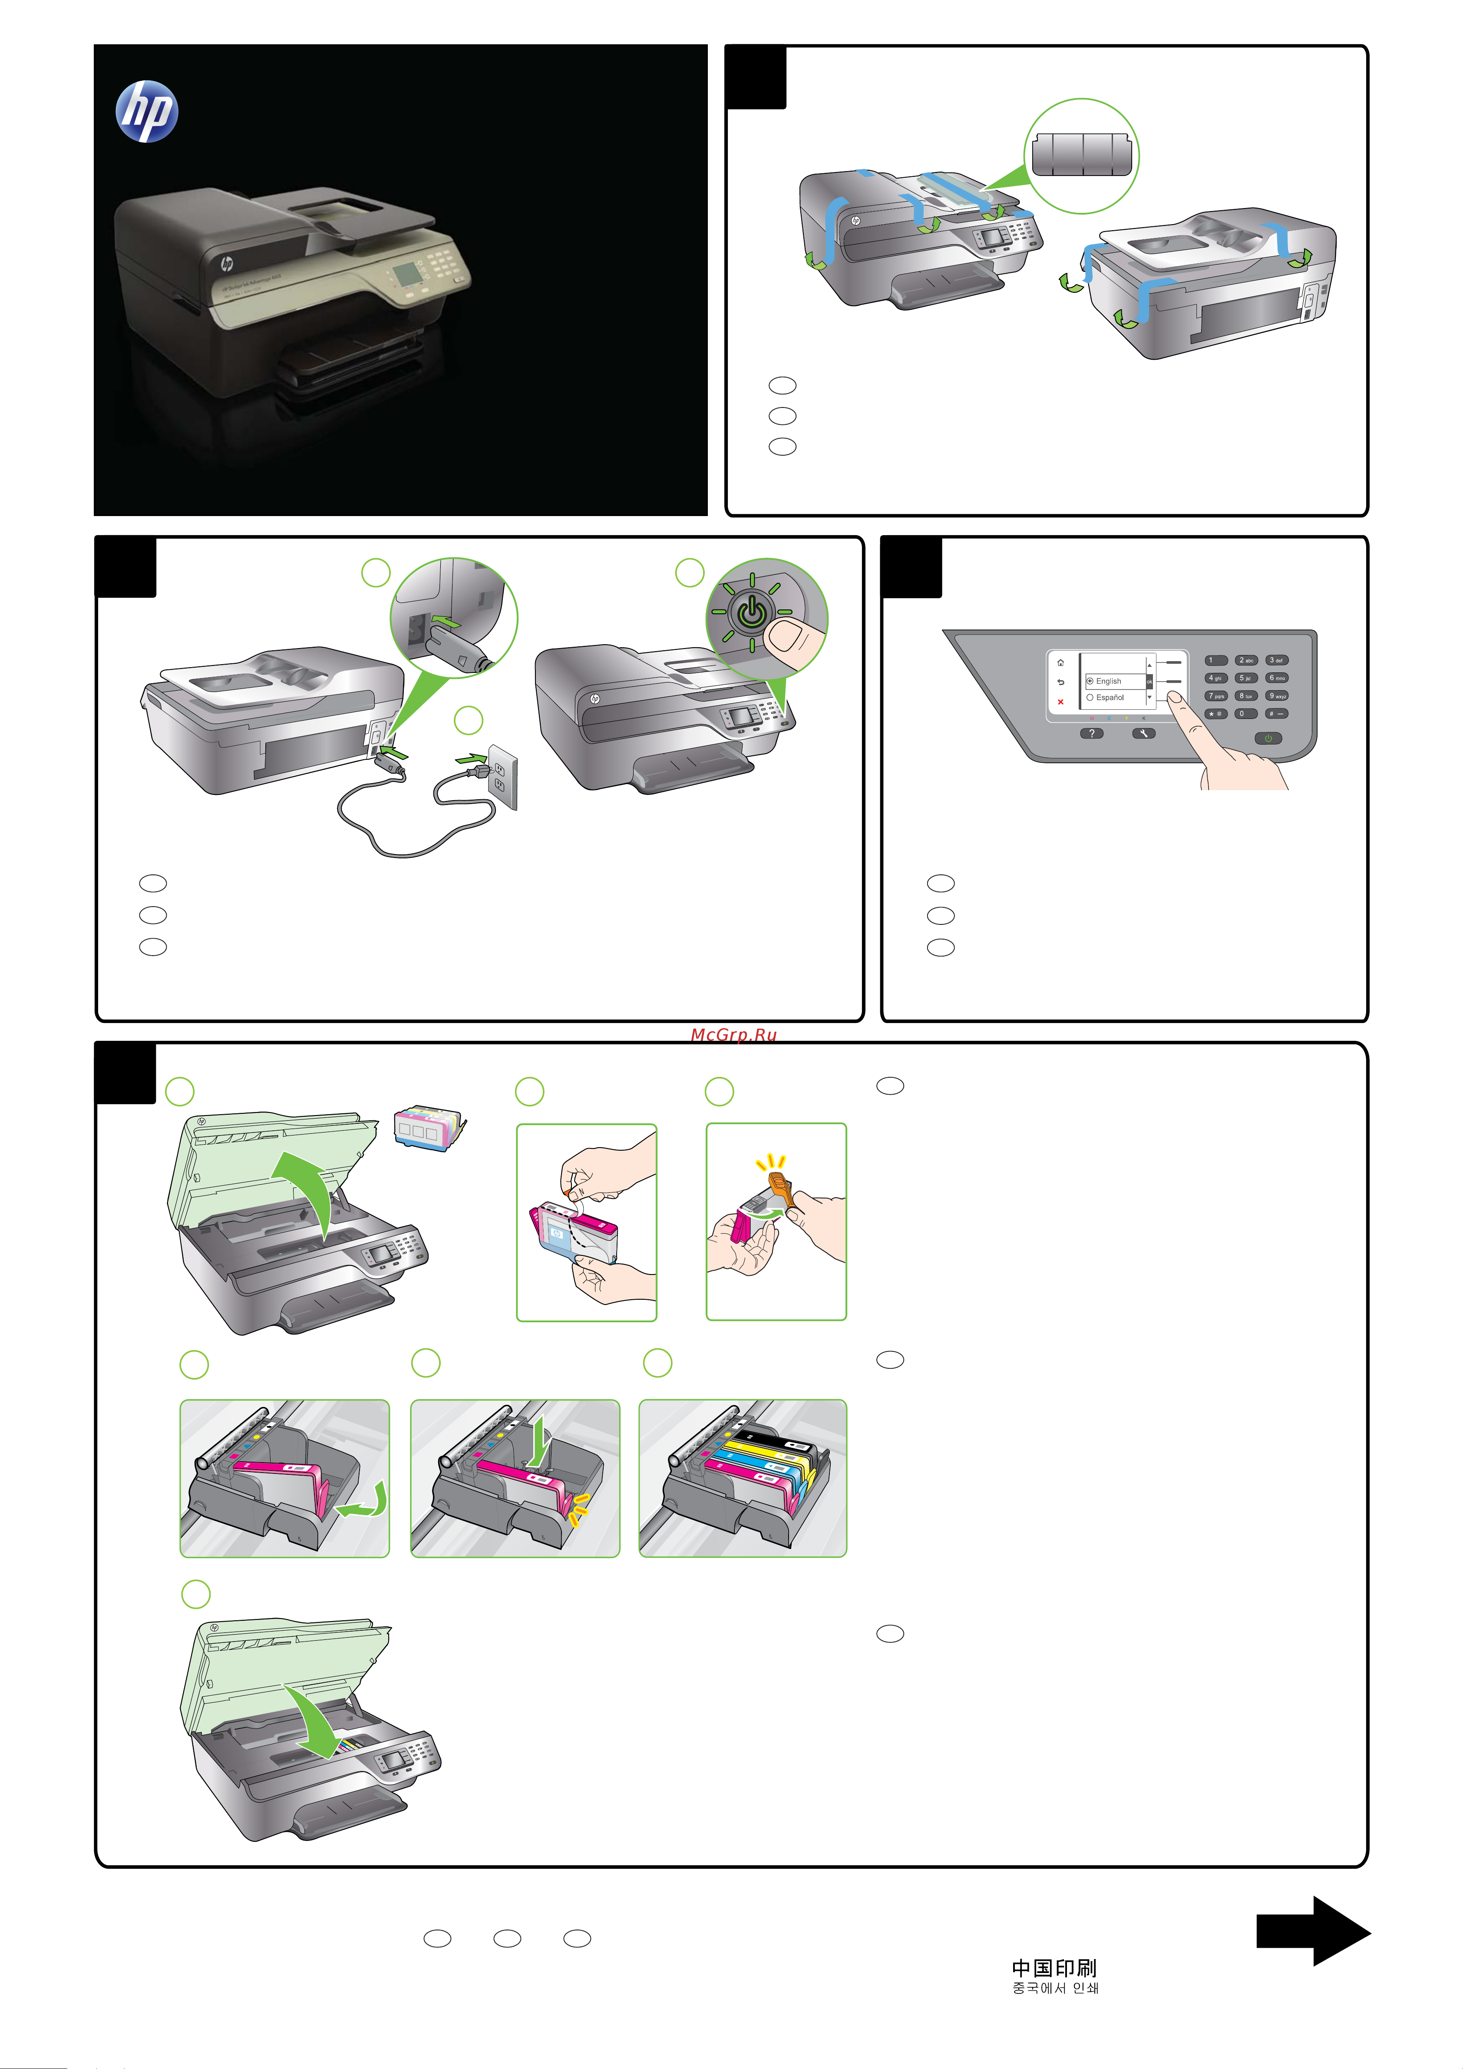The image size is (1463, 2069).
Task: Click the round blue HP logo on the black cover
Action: pos(147,112)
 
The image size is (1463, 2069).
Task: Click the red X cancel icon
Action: pos(1060,702)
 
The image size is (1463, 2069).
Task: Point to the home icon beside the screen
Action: pos(1060,662)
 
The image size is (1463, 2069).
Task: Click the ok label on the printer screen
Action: pos(1149,681)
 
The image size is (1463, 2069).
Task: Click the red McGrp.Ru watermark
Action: pos(733,1035)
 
